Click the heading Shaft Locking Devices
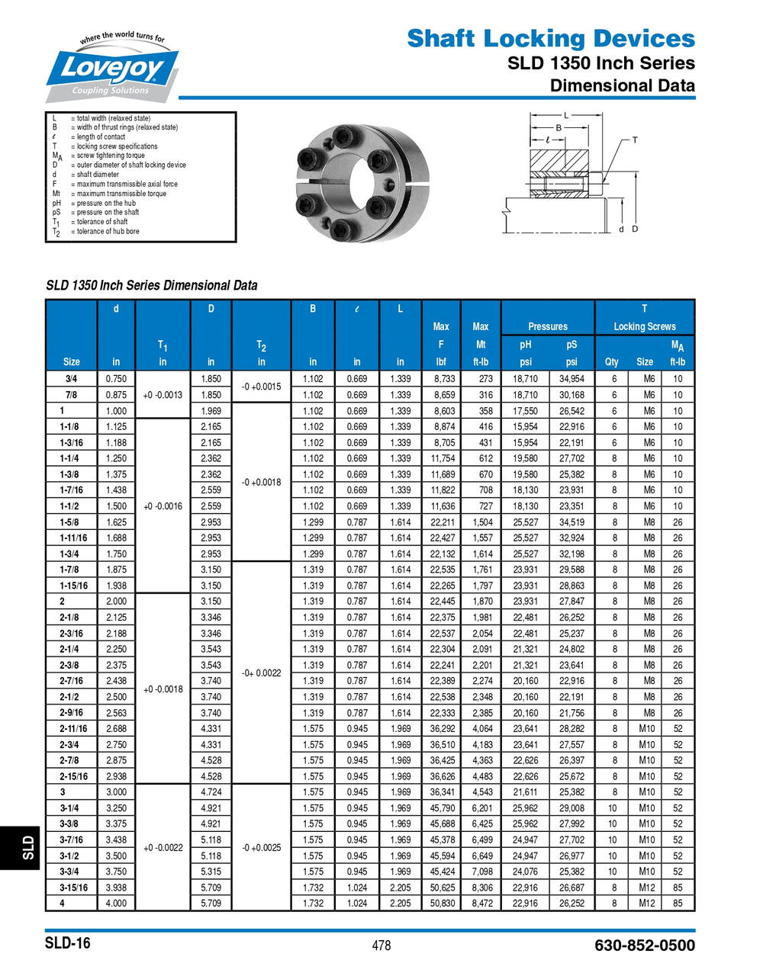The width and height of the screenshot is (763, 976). [x=550, y=38]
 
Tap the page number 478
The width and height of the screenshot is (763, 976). [x=381, y=945]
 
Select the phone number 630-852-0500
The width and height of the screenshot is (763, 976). [x=645, y=945]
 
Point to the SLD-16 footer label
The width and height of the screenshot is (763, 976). [x=67, y=943]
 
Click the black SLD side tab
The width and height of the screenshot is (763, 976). [x=27, y=846]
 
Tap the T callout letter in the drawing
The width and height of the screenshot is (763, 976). [x=634, y=140]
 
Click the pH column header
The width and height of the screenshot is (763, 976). [x=525, y=345]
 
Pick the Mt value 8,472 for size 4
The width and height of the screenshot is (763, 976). [x=481, y=904]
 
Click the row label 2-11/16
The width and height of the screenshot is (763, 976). [x=72, y=729]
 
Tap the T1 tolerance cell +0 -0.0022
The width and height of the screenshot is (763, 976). [x=163, y=848]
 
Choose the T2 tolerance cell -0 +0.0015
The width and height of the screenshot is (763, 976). [x=261, y=387]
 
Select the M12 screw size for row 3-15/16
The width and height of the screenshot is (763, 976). [x=646, y=888]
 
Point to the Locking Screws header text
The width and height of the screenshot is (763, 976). [x=645, y=326]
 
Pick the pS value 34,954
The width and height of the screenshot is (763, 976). [x=571, y=379]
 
